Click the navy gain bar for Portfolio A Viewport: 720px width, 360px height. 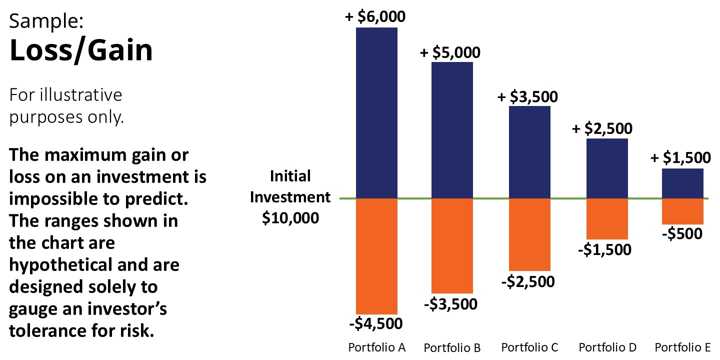click(376, 112)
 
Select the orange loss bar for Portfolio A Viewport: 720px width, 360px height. click(376, 256)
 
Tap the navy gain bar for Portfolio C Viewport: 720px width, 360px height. click(529, 152)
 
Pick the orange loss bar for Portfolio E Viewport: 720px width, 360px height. click(682, 211)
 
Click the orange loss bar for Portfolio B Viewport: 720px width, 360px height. click(452, 245)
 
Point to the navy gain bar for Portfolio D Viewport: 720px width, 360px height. click(606, 168)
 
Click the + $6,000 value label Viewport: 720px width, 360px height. click(375, 16)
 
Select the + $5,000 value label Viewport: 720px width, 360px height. click(450, 52)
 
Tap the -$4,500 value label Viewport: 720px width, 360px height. click(375, 323)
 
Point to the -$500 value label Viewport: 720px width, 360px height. click(682, 233)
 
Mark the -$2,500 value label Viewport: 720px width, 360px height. click(528, 281)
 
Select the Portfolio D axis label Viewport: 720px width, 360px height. click(607, 347)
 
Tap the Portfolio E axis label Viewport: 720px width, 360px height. click(682, 347)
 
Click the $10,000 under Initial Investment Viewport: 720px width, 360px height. click(290, 218)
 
